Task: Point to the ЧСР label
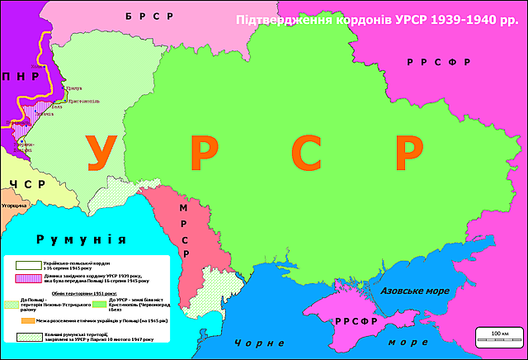[x=20, y=183]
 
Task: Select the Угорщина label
[x=15, y=204]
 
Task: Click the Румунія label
[x=82, y=239]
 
